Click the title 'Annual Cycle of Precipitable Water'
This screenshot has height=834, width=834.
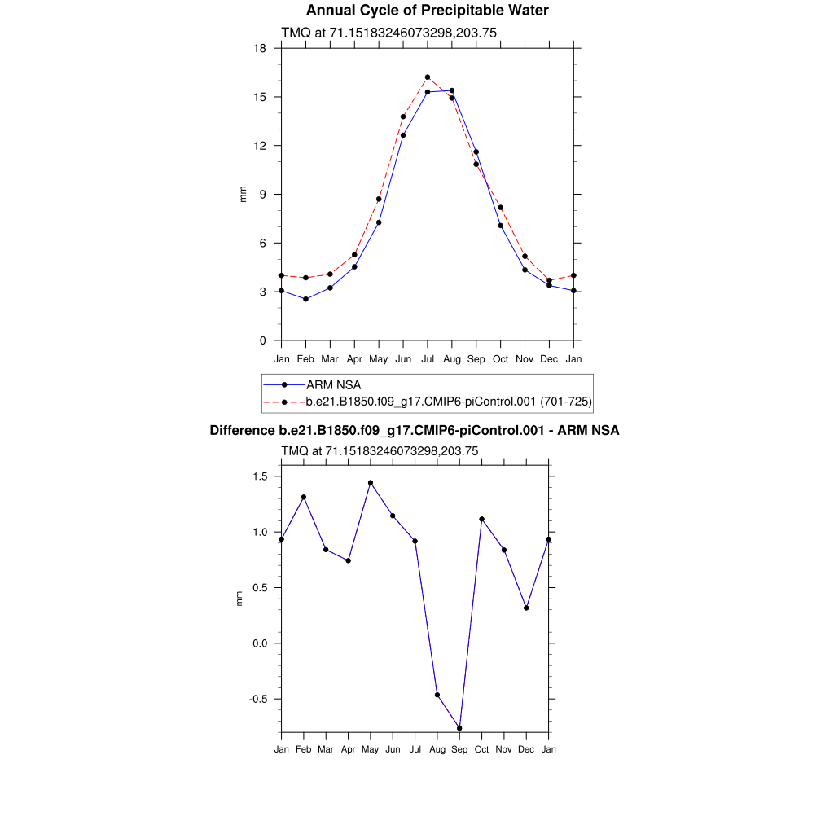(x=427, y=11)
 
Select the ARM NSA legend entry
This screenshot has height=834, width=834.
(x=333, y=384)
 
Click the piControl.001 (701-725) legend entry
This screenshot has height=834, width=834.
(x=448, y=402)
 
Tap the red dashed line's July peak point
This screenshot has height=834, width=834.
(x=428, y=77)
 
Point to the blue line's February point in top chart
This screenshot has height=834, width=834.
(x=305, y=299)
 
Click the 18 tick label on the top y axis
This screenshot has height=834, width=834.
(x=260, y=48)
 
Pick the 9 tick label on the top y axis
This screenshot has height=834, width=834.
(x=262, y=195)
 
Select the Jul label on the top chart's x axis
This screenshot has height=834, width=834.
(x=428, y=358)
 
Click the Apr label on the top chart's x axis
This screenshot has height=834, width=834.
(x=354, y=358)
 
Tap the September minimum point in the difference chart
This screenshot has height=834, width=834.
(x=460, y=728)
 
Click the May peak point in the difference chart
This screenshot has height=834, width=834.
(x=371, y=483)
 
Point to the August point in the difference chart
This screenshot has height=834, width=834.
(x=437, y=695)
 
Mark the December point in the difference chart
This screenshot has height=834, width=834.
(x=526, y=608)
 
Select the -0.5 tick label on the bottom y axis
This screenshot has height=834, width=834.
(x=257, y=699)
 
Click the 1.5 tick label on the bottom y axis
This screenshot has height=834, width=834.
(x=261, y=476)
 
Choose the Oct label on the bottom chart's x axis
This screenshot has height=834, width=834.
(x=482, y=749)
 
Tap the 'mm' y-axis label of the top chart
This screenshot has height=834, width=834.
(x=242, y=194)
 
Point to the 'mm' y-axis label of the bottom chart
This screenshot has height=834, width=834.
(x=239, y=599)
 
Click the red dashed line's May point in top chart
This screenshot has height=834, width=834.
(x=379, y=199)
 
